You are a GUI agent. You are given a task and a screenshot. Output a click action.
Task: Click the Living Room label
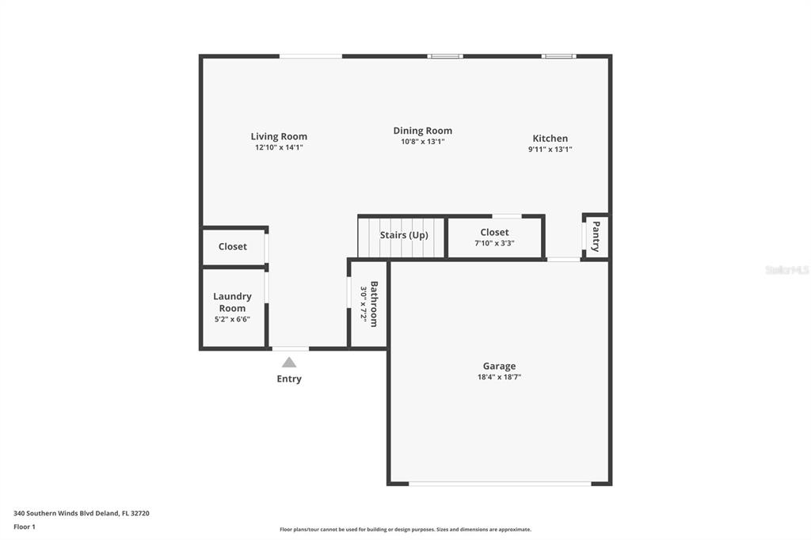[279, 136]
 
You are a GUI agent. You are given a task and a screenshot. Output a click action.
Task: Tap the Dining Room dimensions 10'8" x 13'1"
[423, 142]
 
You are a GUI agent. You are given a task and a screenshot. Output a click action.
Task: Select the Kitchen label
[550, 139]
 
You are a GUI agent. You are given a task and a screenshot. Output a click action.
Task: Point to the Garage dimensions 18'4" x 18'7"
[499, 377]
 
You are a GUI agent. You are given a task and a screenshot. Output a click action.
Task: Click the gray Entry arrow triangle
[289, 362]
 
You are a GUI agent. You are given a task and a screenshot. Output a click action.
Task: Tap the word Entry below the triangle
[289, 378]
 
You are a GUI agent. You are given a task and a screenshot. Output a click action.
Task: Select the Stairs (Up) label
[404, 235]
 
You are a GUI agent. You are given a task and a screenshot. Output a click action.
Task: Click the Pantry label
[596, 237]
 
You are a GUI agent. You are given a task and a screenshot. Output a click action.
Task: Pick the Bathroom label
[374, 304]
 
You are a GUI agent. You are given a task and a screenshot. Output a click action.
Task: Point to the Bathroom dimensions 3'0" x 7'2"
[364, 304]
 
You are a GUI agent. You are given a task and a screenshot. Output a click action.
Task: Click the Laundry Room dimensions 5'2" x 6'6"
[232, 320]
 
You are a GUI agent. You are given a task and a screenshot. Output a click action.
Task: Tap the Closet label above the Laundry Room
[233, 247]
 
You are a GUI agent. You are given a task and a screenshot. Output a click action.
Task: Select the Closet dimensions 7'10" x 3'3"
[494, 243]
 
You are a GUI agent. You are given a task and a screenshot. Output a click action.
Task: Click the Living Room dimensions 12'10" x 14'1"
[279, 147]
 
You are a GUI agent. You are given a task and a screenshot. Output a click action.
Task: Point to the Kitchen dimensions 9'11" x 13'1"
[550, 150]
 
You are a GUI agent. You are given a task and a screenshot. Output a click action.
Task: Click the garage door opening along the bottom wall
[500, 484]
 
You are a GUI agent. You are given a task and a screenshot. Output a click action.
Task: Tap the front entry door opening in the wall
[290, 348]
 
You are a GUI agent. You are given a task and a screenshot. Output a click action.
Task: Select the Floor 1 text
[25, 527]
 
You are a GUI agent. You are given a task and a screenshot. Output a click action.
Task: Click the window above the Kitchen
[558, 56]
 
